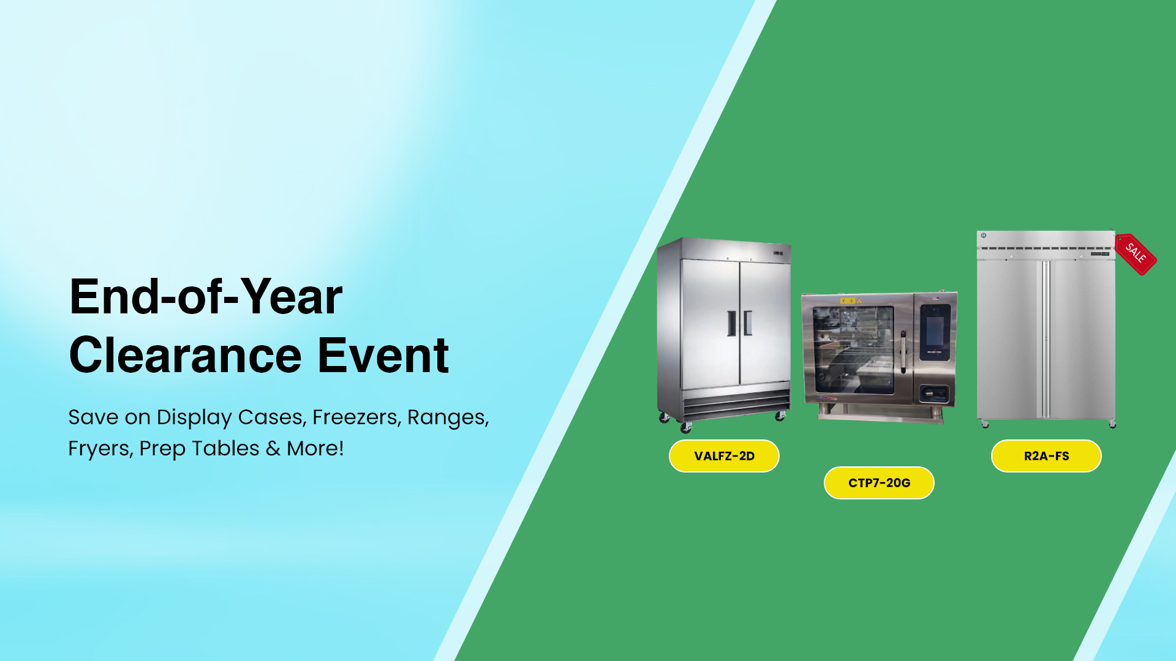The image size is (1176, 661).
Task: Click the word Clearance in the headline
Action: click(186, 355)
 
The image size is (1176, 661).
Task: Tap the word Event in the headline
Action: click(383, 355)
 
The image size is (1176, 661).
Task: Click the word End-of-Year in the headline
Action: click(206, 297)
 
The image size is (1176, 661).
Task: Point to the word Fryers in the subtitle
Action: click(100, 449)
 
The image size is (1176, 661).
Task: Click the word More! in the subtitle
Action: click(315, 448)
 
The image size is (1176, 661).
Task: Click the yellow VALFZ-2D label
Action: click(724, 456)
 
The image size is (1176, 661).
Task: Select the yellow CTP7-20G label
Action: click(879, 483)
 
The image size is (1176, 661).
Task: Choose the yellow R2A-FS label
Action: click(1046, 456)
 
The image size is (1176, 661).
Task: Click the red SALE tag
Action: click(1136, 253)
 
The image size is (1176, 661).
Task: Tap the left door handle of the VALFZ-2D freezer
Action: click(731, 323)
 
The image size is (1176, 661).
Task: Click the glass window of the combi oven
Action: click(853, 349)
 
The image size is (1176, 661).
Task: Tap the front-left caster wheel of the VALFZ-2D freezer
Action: click(686, 427)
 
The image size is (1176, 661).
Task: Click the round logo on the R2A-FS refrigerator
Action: click(984, 236)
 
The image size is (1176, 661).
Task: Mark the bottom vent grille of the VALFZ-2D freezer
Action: click(736, 405)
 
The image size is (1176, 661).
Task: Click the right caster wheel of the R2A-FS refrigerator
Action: click(1112, 424)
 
